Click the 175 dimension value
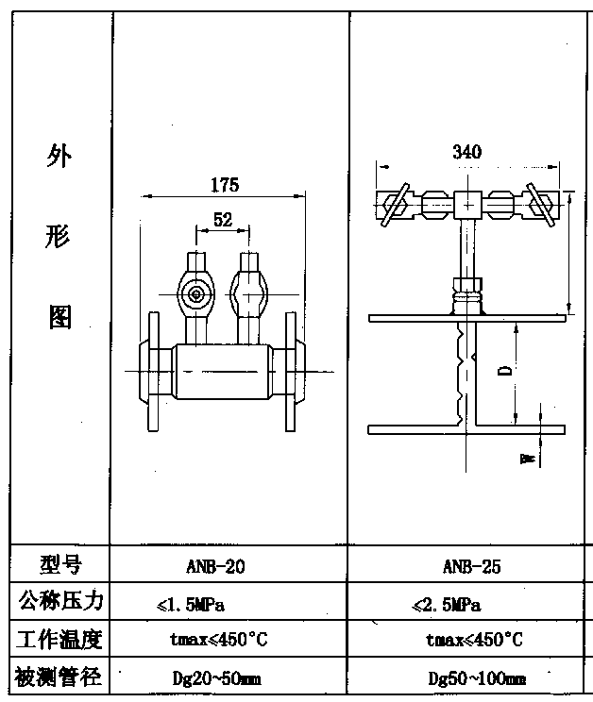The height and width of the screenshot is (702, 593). [x=224, y=184]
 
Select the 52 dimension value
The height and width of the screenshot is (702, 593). [x=223, y=220]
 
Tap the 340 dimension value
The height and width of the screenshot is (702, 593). [x=466, y=152]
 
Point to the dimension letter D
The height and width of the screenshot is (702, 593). [x=505, y=371]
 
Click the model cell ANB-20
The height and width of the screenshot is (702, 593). [x=217, y=567]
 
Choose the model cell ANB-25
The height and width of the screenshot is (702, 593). [x=471, y=567]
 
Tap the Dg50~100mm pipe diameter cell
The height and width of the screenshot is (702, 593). [x=477, y=677]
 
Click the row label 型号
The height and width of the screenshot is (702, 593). [x=61, y=565]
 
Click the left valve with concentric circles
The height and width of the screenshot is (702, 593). [x=196, y=293]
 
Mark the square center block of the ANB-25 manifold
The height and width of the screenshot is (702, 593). [x=467, y=204]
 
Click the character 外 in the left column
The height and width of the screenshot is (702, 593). [x=59, y=158]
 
